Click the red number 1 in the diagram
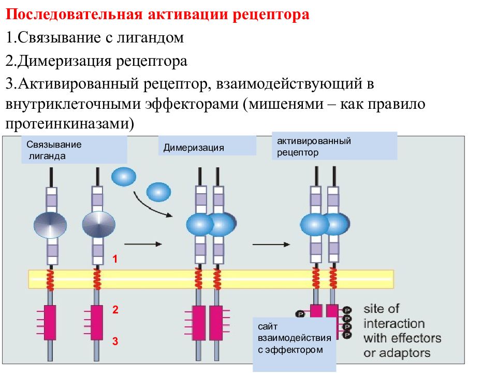point(115,259)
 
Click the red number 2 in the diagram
point(115,310)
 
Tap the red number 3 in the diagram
point(115,341)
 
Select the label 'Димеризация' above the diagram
point(194,148)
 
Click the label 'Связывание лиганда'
point(54,150)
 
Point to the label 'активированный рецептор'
point(314,147)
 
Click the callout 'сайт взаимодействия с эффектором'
point(295,338)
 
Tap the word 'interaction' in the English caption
point(394,323)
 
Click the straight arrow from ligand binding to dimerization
point(143,244)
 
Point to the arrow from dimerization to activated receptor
point(271,245)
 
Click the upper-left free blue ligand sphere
point(124,177)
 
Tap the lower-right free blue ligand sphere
point(158,192)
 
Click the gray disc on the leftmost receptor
point(50,225)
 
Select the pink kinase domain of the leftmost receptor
point(50,323)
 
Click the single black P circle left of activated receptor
point(300,314)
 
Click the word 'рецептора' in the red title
point(271,15)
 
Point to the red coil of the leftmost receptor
point(50,279)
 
